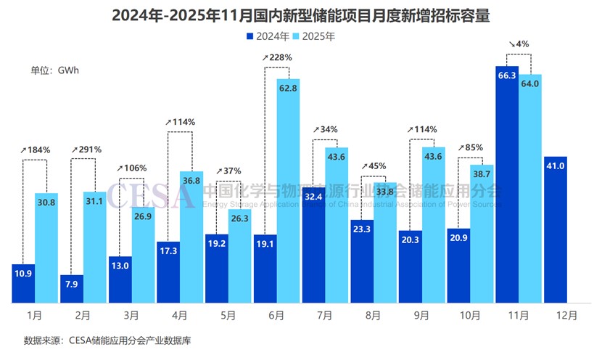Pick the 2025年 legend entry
316,36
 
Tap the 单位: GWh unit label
54,70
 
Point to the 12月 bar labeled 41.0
555,229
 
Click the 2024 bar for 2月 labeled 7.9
72,288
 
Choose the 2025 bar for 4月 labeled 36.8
191,236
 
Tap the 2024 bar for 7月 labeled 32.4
313,244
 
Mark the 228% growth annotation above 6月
278,57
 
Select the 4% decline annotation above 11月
519,44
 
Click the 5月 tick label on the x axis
228,316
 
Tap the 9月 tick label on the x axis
421,316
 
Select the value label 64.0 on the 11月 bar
530,83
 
